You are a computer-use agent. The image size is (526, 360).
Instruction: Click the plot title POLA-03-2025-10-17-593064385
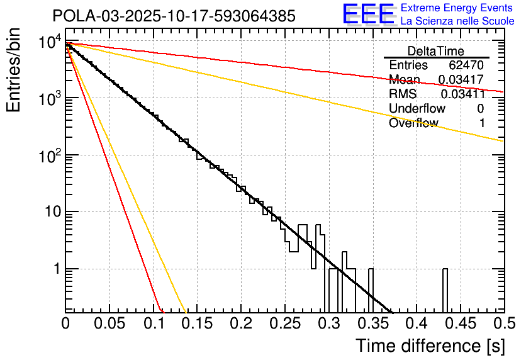174,16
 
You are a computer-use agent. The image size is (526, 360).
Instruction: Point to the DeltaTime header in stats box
436,51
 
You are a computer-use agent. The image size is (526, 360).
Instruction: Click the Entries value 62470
466,65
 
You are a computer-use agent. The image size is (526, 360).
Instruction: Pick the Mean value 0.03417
461,80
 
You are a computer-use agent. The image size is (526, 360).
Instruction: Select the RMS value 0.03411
462,94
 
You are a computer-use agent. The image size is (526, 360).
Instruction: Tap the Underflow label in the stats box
417,109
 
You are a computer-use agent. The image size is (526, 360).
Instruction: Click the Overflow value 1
482,123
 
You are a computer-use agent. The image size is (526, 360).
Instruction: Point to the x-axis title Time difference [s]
430,346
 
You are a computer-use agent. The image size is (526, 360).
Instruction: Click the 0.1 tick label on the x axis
153,325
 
